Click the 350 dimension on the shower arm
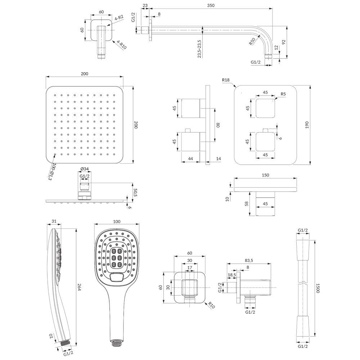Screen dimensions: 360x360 (x=211, y=5)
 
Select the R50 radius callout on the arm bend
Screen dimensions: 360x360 (x=252, y=41)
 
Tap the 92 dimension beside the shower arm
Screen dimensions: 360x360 (x=284, y=42)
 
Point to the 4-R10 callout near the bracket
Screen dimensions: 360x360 (x=122, y=45)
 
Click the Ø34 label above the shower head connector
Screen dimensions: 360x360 (x=85, y=169)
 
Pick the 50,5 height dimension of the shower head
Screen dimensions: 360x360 (x=135, y=192)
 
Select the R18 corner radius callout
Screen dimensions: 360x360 (x=226, y=80)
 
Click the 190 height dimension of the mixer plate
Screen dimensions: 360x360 (x=307, y=125)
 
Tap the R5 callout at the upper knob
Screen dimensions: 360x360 (x=283, y=94)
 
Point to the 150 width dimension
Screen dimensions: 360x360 (x=265, y=175)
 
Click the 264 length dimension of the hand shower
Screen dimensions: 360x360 (x=79, y=287)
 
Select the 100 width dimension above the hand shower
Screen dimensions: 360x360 (x=117, y=221)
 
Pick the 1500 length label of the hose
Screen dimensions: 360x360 (x=318, y=288)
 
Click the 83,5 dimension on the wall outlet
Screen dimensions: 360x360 (x=249, y=260)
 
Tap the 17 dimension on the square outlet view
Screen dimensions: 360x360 (x=190, y=267)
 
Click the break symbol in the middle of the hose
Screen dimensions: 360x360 (x=303, y=282)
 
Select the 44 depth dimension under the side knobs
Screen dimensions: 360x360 (x=190, y=158)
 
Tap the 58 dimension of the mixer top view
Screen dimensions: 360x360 (x=247, y=203)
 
